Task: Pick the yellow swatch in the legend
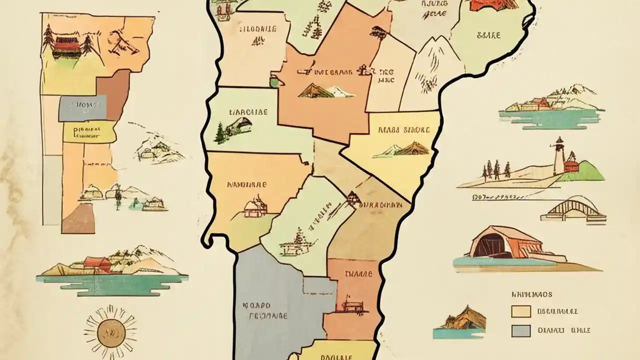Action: [x=520, y=311]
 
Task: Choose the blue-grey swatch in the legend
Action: [x=520, y=330]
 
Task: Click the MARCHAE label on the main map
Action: [x=248, y=112]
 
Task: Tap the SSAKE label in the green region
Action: [x=488, y=35]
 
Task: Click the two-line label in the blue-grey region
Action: [x=264, y=310]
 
